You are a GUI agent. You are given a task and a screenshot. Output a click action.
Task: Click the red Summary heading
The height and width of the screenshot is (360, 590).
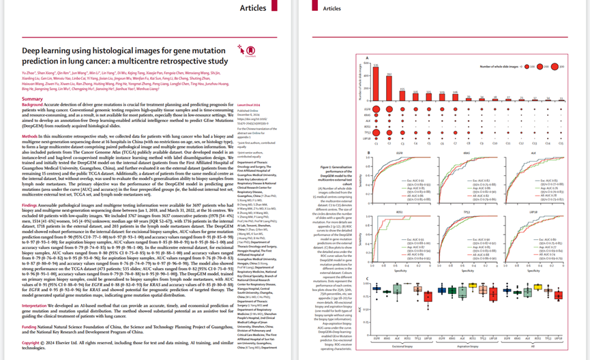pos(33,99)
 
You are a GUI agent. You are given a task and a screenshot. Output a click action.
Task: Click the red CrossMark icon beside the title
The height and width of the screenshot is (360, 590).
pos(242,50)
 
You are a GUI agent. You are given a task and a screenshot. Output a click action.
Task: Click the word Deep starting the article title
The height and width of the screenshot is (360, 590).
pos(33,51)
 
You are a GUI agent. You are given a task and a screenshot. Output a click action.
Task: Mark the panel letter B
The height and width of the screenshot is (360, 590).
pos(369,152)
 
